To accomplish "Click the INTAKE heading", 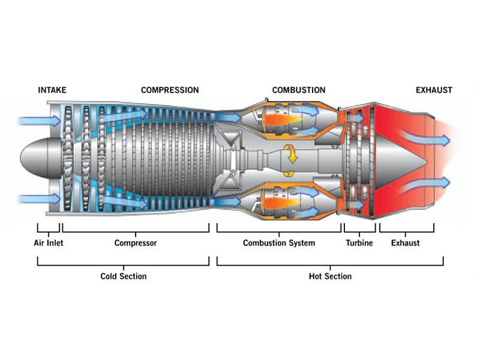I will tap(52, 91).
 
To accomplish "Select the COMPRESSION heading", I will tap(170, 91).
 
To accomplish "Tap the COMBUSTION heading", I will tap(299, 91).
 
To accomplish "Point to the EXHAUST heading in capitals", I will tap(434, 91).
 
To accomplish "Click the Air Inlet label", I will tap(49, 243).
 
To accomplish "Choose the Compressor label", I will tap(136, 243).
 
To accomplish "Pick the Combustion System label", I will tap(278, 243).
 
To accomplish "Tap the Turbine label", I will tap(359, 243).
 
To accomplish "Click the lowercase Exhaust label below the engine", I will tap(406, 243).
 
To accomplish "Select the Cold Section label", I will tap(123, 276).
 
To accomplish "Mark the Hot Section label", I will tap(330, 276).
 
